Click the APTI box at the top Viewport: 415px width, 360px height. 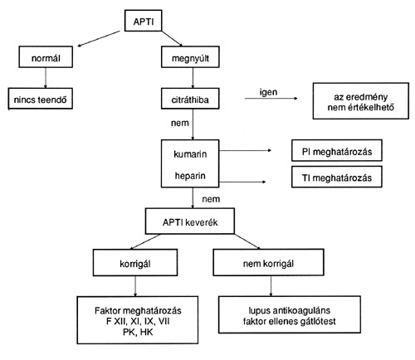point(143,21)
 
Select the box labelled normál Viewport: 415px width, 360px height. point(46,57)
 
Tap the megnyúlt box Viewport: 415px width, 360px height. point(190,57)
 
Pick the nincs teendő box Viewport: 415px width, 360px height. point(41,99)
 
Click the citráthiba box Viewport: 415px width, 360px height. point(190,99)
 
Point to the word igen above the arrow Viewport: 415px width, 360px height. point(268,92)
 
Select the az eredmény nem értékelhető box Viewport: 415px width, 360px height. point(361,101)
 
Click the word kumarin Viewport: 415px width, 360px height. point(190,154)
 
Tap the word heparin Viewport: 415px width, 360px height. point(190,176)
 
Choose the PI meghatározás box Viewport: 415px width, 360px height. point(337,151)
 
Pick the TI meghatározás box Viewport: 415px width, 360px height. point(337,177)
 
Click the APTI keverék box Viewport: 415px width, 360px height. point(190,221)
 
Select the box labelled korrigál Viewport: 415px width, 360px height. point(135,263)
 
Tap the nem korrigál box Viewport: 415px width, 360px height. point(268,262)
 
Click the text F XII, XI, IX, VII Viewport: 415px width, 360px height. point(138,322)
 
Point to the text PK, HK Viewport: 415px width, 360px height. point(138,332)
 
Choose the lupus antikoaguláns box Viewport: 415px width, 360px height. point(290,314)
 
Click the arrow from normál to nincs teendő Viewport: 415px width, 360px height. point(46,78)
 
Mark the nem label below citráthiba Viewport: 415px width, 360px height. point(180,123)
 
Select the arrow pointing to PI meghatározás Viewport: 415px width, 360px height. point(245,150)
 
